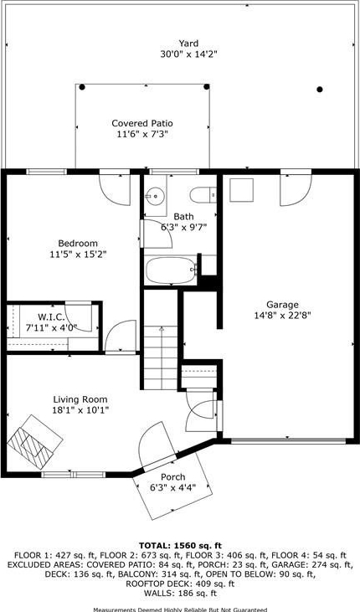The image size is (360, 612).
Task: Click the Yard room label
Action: [188, 44]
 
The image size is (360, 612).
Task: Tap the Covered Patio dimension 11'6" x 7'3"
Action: [142, 135]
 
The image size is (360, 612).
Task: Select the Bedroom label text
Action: [78, 243]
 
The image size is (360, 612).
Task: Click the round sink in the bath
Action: [155, 194]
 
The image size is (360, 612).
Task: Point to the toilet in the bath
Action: [203, 195]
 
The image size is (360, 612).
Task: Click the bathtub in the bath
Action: [170, 270]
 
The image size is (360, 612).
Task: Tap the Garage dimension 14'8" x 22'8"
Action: [282, 316]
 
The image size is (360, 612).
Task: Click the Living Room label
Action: [80, 399]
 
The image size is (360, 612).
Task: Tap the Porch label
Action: [173, 477]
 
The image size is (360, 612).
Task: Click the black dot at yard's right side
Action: [319, 90]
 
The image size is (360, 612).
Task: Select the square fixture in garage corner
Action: [241, 190]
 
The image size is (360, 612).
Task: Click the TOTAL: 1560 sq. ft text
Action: [180, 545]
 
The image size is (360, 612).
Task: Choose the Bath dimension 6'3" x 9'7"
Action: [183, 227]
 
